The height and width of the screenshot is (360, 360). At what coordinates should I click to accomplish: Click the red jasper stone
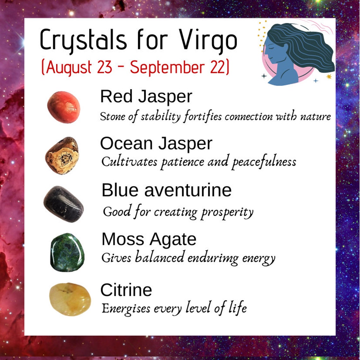pos(63,107)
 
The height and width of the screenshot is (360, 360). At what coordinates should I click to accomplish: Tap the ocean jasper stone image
pos(62,155)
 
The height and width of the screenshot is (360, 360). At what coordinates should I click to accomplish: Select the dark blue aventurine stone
pos(63,204)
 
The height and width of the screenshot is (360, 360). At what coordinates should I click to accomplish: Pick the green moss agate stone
pos(67,252)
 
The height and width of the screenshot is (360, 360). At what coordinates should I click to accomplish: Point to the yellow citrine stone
pos(70,299)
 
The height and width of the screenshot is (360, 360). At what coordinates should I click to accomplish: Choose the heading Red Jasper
pos(146,96)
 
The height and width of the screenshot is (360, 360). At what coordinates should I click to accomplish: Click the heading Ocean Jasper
pos(156,144)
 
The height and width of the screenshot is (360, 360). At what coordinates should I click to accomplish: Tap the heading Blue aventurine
pos(166,190)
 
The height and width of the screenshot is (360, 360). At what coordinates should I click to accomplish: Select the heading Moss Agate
pos(149,239)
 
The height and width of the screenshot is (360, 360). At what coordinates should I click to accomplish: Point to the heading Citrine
pos(126,290)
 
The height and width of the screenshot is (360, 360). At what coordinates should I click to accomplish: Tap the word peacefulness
pos(264,162)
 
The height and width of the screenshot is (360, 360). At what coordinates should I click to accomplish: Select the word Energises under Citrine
pos(126,308)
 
